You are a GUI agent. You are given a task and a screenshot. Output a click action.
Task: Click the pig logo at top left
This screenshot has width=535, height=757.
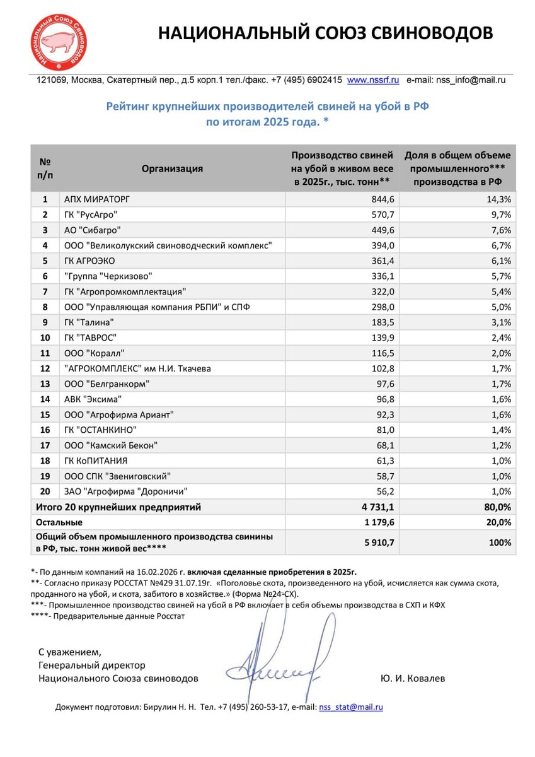pyautogui.click(x=60, y=42)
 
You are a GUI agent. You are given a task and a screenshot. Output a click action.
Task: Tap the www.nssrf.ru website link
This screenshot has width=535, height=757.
pyautogui.click(x=373, y=80)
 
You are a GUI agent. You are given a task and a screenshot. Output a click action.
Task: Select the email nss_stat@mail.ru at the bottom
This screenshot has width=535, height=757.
pyautogui.click(x=351, y=707)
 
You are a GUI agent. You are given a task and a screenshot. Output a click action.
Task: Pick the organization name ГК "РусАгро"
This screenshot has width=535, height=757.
pyautogui.click(x=91, y=214)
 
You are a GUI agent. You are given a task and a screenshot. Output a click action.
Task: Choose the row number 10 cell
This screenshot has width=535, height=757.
pyautogui.click(x=45, y=337)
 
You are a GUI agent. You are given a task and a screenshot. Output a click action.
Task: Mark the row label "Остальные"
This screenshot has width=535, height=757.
pyautogui.click(x=59, y=522)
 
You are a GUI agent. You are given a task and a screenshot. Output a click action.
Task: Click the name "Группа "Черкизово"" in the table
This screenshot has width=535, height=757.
pyautogui.click(x=108, y=276)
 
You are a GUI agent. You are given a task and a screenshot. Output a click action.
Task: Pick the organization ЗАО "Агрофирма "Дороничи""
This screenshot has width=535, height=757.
pyautogui.click(x=126, y=491)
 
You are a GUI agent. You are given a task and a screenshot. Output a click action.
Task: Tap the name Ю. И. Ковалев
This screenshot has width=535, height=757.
pyautogui.click(x=413, y=679)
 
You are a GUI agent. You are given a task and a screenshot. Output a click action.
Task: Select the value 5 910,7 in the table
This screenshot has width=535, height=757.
pyautogui.click(x=376, y=542)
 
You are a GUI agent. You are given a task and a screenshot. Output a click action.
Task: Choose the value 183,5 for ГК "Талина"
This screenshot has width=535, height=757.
pyautogui.click(x=381, y=322)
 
